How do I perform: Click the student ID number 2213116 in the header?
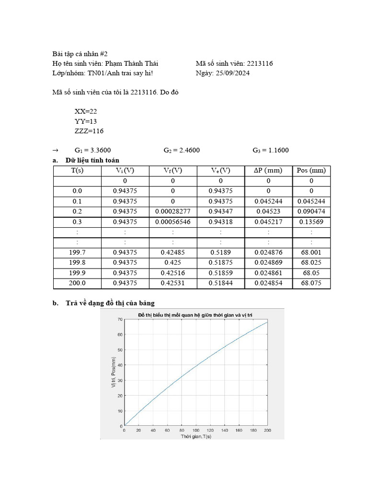260,63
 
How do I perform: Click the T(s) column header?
77,171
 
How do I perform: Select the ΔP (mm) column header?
268,171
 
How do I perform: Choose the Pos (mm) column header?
311,171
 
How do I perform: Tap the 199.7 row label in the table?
77,252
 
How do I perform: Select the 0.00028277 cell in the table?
173,211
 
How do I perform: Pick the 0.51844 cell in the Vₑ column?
220,283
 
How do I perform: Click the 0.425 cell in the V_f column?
173,262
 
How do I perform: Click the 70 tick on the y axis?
119,319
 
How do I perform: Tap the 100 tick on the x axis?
195,430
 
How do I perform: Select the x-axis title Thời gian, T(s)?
195,436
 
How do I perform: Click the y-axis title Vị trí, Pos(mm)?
114,373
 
